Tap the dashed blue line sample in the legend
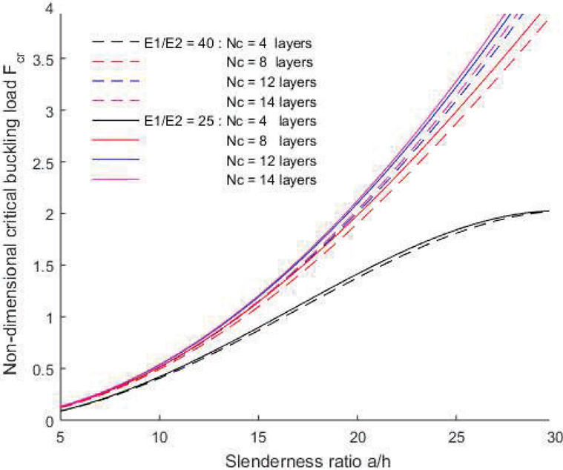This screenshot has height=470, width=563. tap(113, 80)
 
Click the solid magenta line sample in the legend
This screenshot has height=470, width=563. tap(113, 180)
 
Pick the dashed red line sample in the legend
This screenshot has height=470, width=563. tap(113, 60)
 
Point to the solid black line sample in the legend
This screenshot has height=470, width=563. tap(113, 120)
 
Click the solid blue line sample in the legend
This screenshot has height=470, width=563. tap(113, 160)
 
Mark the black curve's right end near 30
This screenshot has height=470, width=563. tap(547, 211)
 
